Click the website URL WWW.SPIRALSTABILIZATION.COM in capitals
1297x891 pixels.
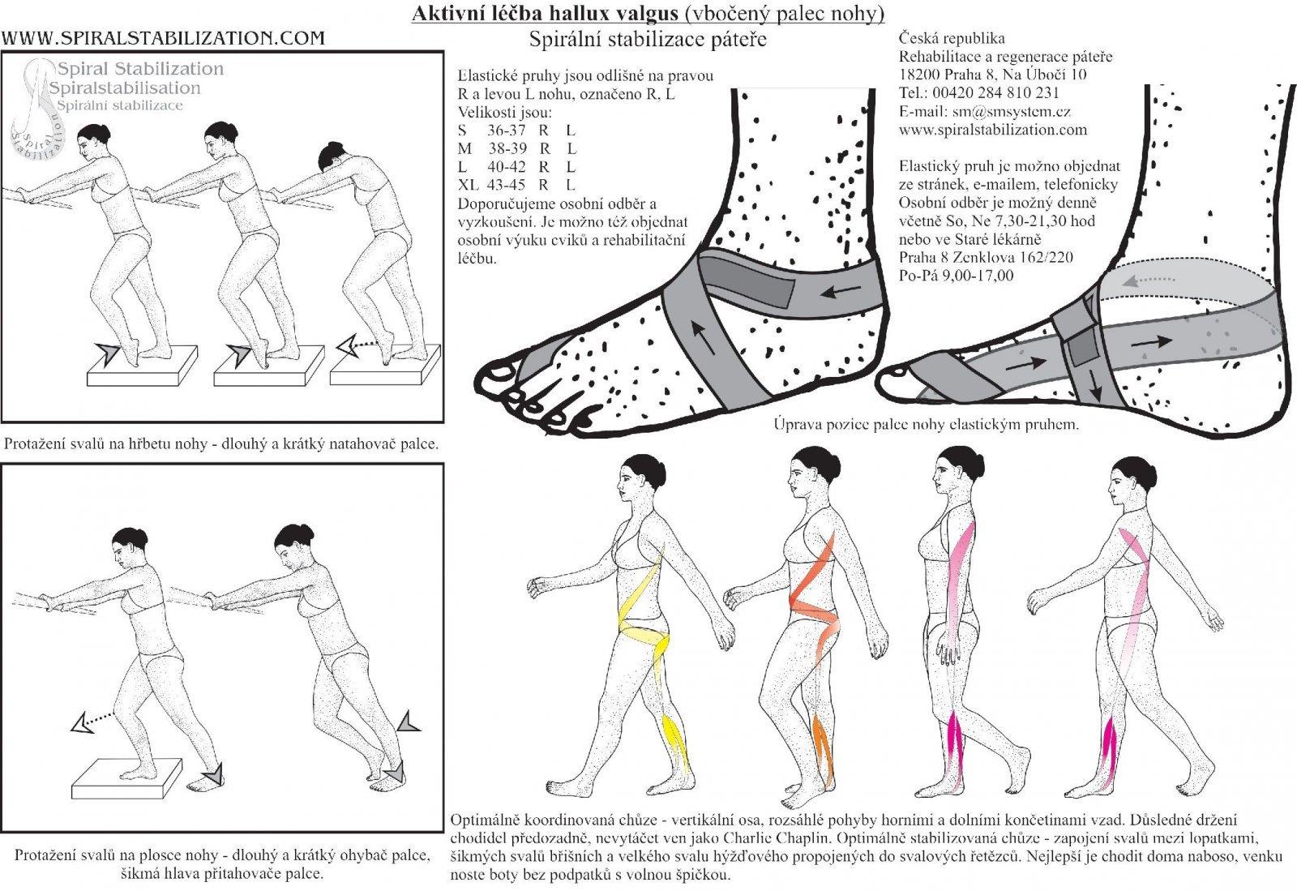163,39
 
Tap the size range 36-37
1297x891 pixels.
506,131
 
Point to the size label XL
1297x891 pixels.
468,186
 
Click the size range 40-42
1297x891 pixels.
507,167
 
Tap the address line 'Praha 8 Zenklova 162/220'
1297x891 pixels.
986,257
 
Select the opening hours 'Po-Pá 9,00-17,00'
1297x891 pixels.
956,276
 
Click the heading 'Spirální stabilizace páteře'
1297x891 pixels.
648,40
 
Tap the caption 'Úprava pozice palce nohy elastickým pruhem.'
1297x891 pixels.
927,424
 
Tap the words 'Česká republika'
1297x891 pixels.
952,38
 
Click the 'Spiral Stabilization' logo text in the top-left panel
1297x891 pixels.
140,69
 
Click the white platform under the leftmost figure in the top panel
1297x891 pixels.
142,366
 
